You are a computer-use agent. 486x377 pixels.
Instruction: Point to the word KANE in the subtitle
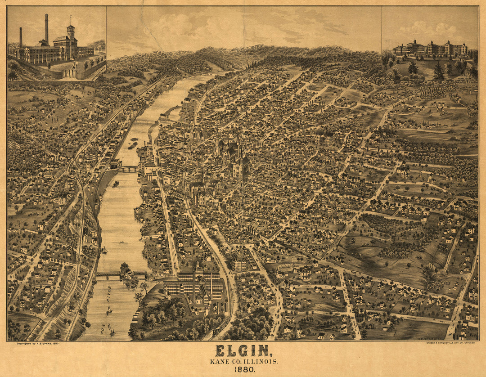coord(218,361)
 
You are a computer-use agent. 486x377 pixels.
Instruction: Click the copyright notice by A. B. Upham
coord(38,343)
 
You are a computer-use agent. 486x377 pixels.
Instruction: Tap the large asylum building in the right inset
coord(430,48)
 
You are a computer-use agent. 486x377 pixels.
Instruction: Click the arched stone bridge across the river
coord(128,169)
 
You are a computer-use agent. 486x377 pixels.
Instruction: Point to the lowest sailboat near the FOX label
coord(111,330)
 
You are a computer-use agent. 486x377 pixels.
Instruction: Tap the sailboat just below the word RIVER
coord(109,310)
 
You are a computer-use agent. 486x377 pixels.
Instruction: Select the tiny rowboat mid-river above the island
coord(121,242)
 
